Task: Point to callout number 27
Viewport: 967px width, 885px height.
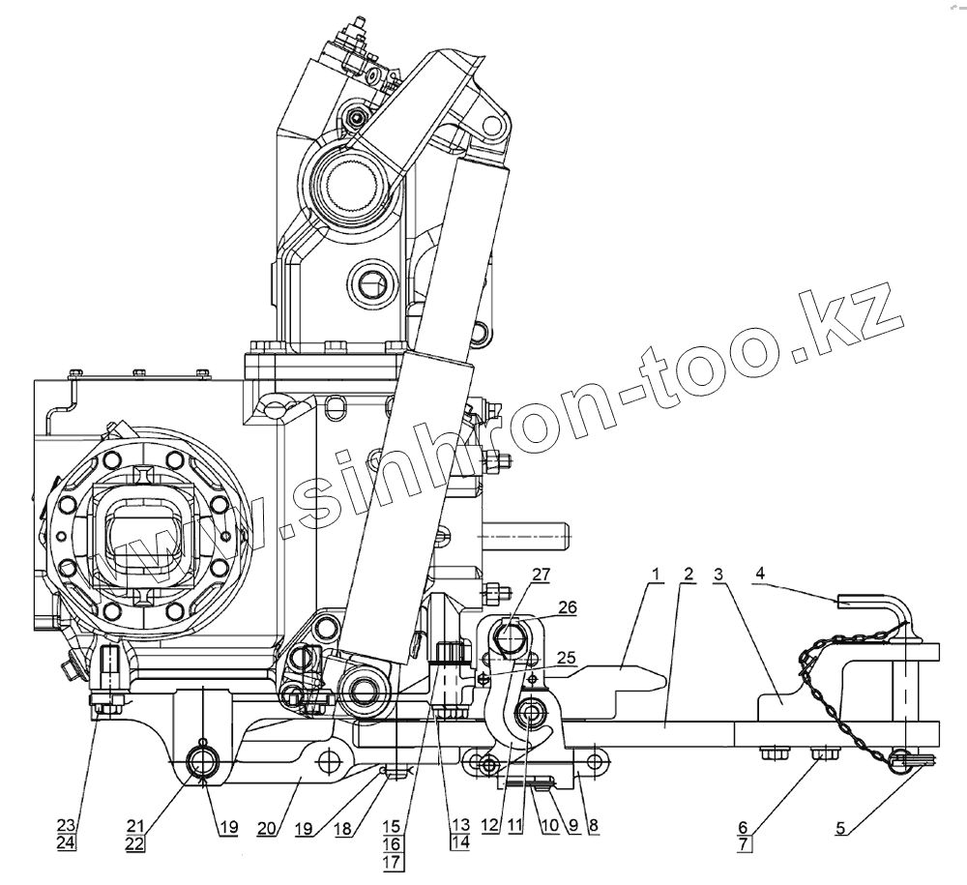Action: (x=540, y=575)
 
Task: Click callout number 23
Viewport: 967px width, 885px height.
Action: (x=65, y=825)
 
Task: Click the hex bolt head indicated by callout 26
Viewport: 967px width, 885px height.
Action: (x=510, y=638)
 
